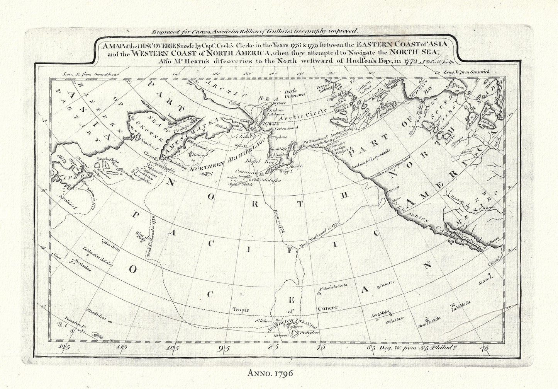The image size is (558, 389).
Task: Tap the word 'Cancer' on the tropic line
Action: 327,308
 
